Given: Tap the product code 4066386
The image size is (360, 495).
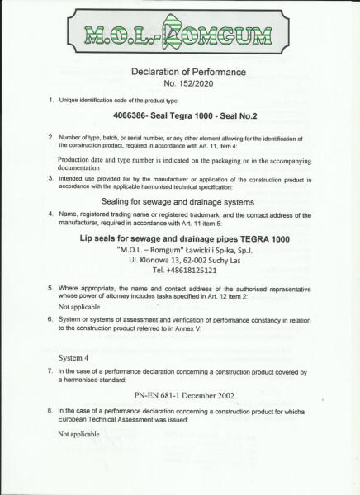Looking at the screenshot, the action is [134, 117].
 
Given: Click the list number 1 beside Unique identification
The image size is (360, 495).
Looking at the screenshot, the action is [51, 100].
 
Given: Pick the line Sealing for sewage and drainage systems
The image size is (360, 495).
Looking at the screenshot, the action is [180, 202].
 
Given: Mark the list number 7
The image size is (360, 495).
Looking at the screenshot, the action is [51, 372].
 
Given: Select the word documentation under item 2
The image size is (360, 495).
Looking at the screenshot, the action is [87, 164].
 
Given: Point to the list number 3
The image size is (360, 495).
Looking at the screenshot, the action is [51, 178].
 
